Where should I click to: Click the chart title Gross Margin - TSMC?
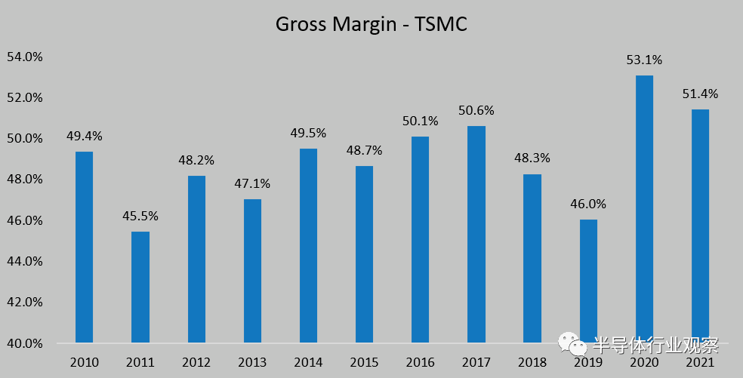pos(371,24)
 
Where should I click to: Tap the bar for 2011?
pos(140,287)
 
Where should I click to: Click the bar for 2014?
pos(308,245)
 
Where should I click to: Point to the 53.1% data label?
pos(644,60)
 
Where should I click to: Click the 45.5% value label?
pos(140,216)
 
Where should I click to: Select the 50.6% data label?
pos(476,110)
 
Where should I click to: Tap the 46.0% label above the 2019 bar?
pos(588,204)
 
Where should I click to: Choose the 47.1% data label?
pos(252,183)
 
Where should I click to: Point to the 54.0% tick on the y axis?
pos(25,57)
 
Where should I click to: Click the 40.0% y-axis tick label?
pos(25,343)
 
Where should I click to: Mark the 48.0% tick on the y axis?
pos(25,180)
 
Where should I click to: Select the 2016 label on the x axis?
pos(421,362)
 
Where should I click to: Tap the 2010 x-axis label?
pos(85,362)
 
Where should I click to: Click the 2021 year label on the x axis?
pos(700,362)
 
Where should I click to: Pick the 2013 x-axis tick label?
pos(252,362)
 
